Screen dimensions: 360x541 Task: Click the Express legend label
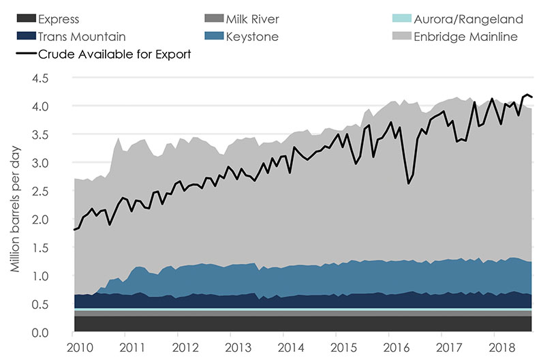pyautogui.click(x=59, y=19)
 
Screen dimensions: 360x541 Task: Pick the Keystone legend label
pyautogui.click(x=253, y=37)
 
